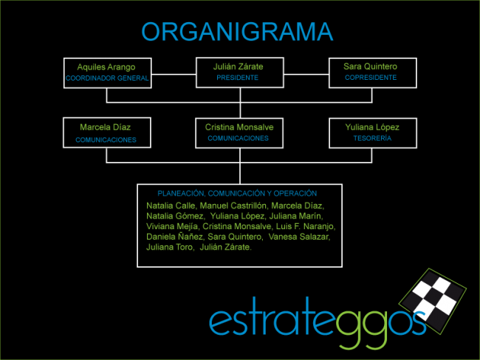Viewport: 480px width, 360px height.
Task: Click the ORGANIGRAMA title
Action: (x=237, y=32)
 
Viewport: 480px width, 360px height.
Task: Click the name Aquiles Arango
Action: (x=106, y=67)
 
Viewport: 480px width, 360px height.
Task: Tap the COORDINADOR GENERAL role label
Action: (x=107, y=78)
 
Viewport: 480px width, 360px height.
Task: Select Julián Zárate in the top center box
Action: (x=239, y=67)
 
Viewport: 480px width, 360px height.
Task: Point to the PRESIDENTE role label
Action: (x=239, y=78)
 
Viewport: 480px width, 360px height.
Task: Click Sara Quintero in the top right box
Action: (x=371, y=67)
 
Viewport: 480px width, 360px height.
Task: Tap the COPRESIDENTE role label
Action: (x=371, y=78)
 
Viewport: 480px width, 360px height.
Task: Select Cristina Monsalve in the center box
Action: (x=239, y=127)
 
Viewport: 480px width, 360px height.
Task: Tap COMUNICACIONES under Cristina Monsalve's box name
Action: (x=238, y=138)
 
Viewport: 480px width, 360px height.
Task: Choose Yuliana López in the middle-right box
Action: (x=371, y=127)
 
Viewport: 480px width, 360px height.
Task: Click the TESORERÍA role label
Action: (x=371, y=138)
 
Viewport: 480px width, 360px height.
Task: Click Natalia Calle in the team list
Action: (x=171, y=205)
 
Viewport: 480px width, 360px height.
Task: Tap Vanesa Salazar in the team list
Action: (x=300, y=237)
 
